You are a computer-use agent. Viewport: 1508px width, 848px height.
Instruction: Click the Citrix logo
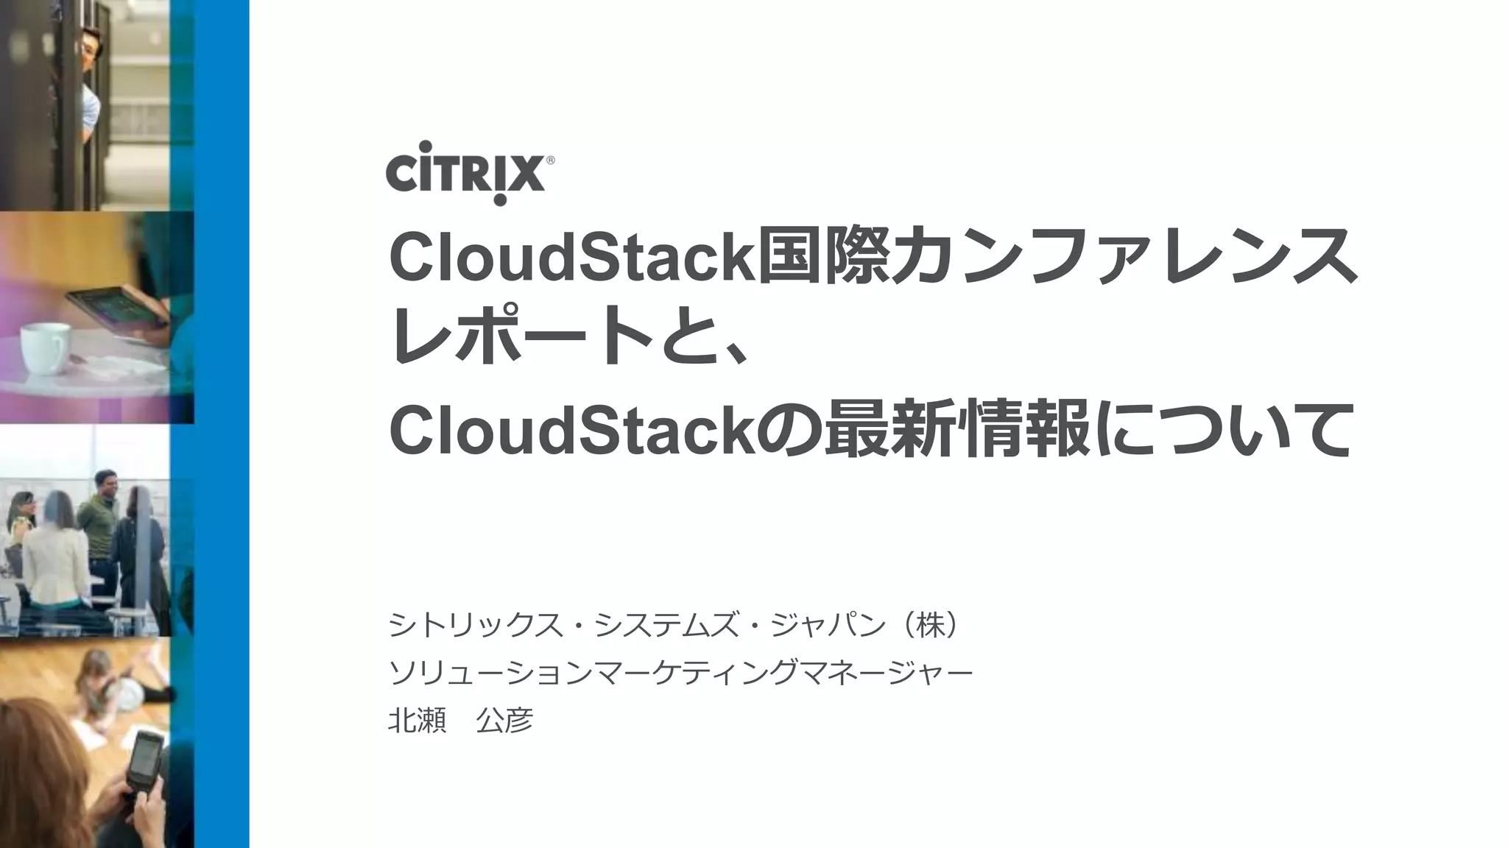point(465,174)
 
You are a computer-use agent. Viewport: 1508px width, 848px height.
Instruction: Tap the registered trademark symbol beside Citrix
point(550,160)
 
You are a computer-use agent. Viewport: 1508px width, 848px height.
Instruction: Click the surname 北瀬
point(417,720)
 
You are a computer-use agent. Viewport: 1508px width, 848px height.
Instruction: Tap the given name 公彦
point(504,720)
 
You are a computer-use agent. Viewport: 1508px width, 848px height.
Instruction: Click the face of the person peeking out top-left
point(90,49)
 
